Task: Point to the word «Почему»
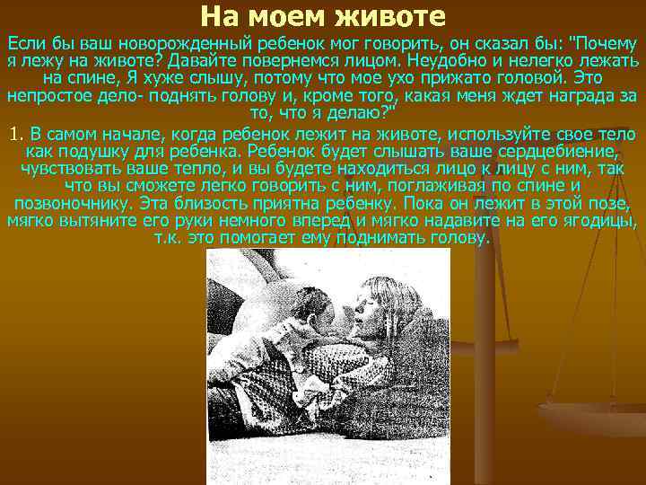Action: [607, 44]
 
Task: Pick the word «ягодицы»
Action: [602, 220]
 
